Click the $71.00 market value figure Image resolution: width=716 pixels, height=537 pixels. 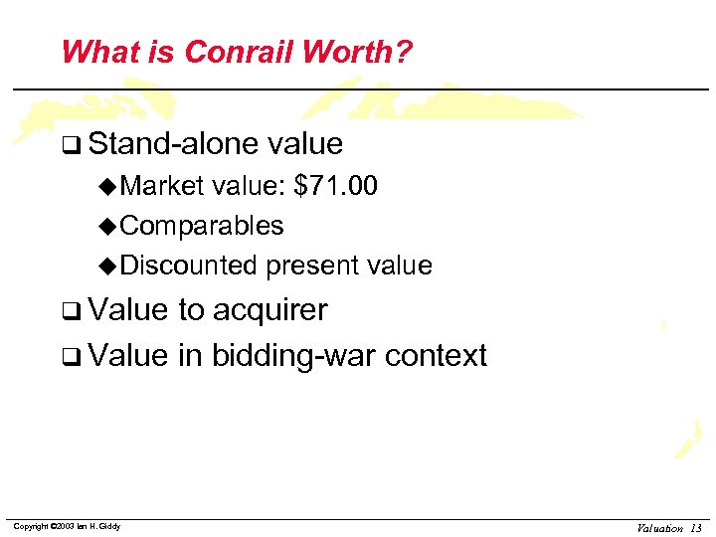(336, 186)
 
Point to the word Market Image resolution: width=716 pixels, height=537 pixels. (163, 186)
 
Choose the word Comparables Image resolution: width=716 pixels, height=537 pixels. (202, 226)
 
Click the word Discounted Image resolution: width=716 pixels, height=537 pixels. (189, 266)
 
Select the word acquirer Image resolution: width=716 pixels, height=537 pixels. (269, 310)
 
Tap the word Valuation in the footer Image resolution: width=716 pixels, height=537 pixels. (659, 528)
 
